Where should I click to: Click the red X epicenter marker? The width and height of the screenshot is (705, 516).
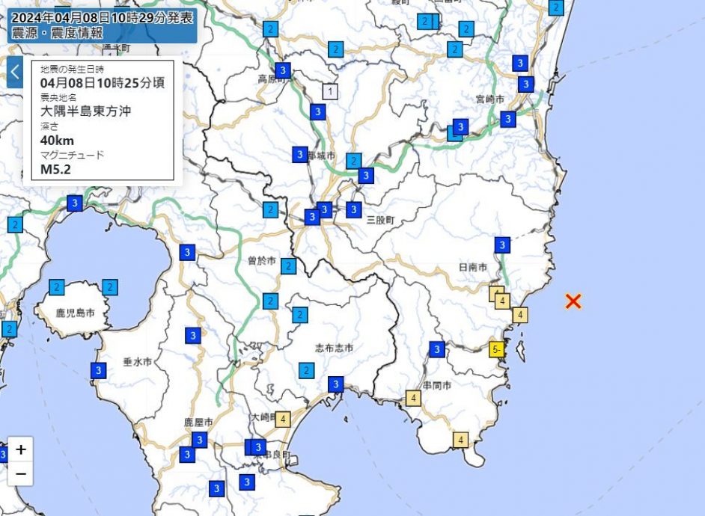573,301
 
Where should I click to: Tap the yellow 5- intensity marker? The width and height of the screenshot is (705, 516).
496,348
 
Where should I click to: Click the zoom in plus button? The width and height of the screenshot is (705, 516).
21,449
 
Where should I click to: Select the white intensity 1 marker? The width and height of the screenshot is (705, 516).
330,91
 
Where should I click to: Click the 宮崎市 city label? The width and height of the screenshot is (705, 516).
490,99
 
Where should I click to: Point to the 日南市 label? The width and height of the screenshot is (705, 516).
473,267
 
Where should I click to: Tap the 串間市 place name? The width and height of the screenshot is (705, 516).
436,386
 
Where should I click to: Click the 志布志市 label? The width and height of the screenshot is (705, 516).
334,348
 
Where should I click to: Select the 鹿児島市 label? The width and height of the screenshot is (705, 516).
75,312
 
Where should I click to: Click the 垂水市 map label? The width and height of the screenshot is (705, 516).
138,361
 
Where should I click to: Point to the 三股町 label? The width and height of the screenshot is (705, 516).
380,221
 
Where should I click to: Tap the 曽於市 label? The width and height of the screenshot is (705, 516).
261,261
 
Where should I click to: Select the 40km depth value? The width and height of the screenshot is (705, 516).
57,140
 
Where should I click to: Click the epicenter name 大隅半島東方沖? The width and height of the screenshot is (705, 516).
86,111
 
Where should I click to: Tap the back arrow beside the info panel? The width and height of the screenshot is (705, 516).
15,73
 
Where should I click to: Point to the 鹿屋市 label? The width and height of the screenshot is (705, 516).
199,423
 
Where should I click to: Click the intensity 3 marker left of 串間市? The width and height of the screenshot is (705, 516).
437,349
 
